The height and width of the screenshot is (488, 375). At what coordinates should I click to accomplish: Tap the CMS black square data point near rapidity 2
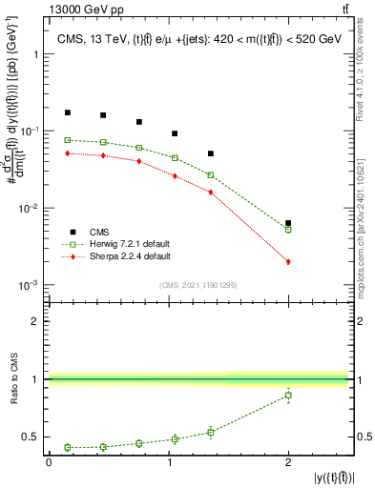(288, 223)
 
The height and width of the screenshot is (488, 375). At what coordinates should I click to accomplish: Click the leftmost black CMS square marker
(67, 112)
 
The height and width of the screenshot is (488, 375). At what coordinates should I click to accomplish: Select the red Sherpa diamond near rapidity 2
(288, 261)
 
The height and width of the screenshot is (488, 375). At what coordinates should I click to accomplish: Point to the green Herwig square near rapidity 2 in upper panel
(288, 230)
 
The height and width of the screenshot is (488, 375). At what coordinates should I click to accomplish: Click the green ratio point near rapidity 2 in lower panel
(288, 395)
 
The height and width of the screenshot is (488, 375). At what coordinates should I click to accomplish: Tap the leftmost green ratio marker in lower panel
(67, 447)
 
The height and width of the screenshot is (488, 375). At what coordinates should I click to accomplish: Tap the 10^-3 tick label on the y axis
(30, 286)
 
